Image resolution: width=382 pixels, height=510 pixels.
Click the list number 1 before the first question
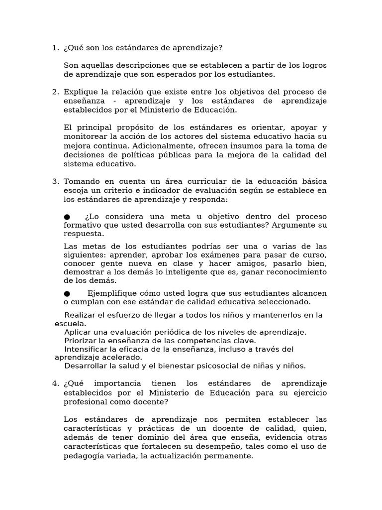[x=54, y=48]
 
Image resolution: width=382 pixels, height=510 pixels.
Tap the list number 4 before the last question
[x=54, y=383]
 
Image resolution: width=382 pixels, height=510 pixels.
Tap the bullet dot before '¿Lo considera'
[x=67, y=217]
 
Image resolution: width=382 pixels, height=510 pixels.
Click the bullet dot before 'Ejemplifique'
[x=67, y=293]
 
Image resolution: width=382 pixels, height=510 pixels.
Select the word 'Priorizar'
[x=83, y=341]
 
